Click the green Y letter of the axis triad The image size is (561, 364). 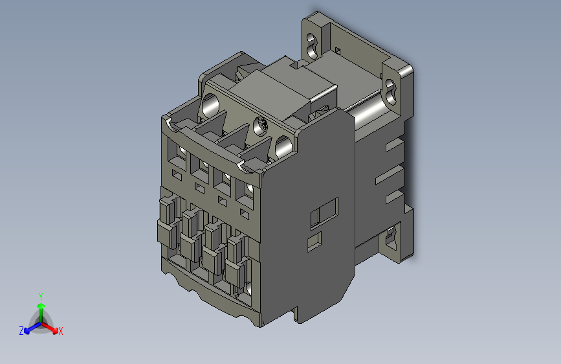tap(40, 296)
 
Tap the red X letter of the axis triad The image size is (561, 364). tap(60, 331)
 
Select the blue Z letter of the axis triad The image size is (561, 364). tap(21, 331)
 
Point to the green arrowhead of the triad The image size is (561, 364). tap(41, 306)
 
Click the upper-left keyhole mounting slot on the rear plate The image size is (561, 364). tap(312, 46)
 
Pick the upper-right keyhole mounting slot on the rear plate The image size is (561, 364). tap(391, 92)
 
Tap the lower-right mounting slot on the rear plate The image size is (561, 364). tap(391, 237)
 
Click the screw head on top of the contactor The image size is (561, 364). tap(261, 126)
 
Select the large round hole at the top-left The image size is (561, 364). tap(210, 106)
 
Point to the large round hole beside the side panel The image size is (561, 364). tap(283, 147)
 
